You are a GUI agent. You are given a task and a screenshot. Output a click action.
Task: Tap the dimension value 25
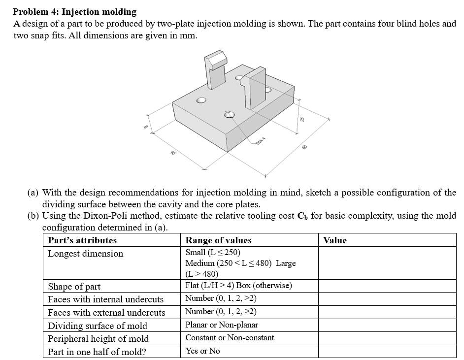[303, 119]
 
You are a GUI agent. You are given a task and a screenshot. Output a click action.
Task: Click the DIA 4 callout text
[261, 142]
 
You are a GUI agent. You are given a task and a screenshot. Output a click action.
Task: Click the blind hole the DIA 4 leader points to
[230, 115]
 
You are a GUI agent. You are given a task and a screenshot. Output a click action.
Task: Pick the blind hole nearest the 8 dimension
[201, 100]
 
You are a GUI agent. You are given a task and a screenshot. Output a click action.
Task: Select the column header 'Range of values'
[218, 240]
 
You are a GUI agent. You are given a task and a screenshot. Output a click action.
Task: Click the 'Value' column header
[335, 240]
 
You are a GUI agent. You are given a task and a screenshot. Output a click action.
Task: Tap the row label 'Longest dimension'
[86, 254]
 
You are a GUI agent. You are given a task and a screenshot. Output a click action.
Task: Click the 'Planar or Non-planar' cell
[222, 325]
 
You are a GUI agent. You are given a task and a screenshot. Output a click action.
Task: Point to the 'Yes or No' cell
[202, 351]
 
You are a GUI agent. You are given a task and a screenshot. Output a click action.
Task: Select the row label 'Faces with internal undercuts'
[106, 299]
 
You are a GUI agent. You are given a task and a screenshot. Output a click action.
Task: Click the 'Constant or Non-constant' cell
[230, 338]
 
